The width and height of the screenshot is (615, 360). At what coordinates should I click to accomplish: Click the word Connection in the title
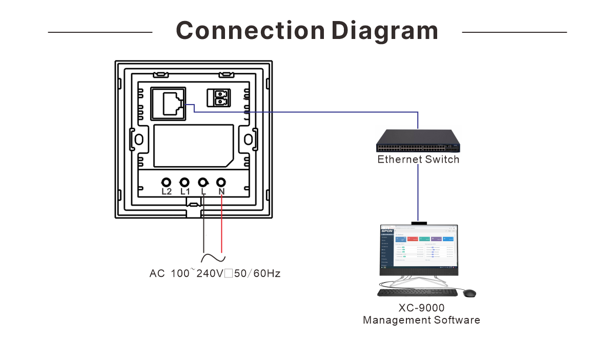(250, 31)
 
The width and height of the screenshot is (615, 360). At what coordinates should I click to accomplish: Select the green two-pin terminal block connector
(220, 98)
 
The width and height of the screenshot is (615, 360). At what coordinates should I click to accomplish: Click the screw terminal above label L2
(166, 183)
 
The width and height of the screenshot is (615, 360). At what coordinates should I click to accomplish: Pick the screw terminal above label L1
(184, 183)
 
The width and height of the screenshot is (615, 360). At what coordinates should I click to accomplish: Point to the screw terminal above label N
(221, 183)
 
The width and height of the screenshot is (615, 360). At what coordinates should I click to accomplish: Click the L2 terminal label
(166, 192)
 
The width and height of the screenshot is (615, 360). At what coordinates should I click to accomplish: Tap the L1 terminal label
(184, 192)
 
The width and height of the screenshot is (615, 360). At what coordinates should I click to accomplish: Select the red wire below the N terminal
(221, 226)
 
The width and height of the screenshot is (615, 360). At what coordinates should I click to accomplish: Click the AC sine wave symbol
(213, 258)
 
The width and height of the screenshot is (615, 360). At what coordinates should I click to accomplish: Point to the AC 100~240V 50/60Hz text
(215, 274)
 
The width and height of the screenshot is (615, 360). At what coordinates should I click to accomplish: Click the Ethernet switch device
(418, 141)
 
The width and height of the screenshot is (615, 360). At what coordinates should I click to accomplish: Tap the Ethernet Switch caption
(418, 159)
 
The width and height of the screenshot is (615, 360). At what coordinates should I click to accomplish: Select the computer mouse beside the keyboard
(469, 293)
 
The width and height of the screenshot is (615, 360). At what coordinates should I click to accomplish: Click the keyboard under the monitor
(417, 292)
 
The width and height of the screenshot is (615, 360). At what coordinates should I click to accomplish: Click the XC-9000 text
(421, 308)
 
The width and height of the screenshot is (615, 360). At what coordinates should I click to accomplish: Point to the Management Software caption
(421, 321)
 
